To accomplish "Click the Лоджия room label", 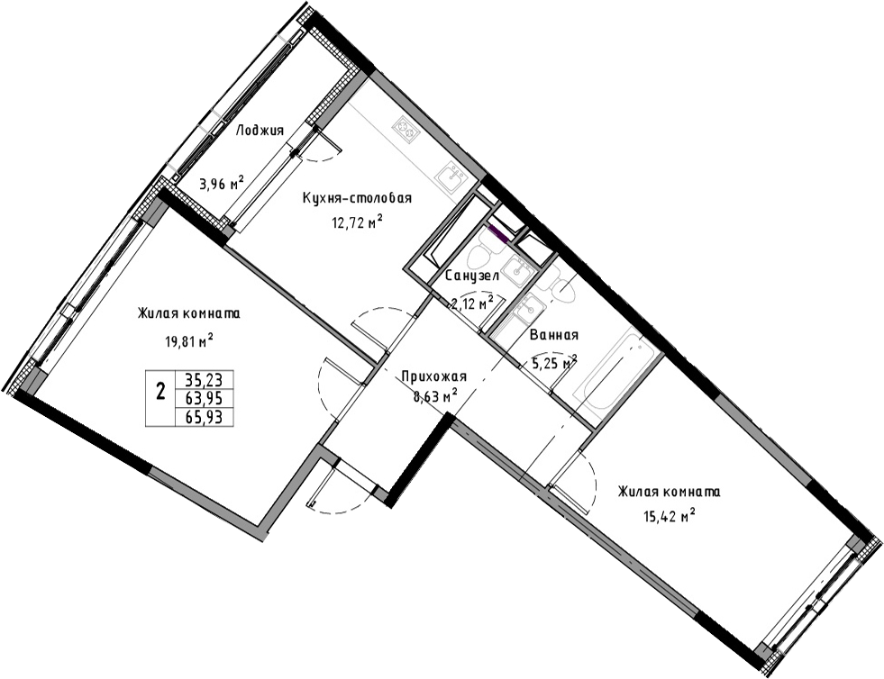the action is [x=260, y=131].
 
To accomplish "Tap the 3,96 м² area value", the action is [x=222, y=183].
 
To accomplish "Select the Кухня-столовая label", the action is [x=358, y=198].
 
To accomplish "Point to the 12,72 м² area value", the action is [x=358, y=223].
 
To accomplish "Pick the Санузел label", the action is [x=472, y=276].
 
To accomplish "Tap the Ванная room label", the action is [x=554, y=335].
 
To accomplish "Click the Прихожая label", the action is [x=433, y=376].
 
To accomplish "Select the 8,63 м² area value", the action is [x=435, y=397].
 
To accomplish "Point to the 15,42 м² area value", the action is [x=669, y=515].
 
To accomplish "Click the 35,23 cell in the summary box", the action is [x=204, y=379].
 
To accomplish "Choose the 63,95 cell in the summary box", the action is [x=204, y=398].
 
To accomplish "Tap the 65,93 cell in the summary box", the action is [x=204, y=417].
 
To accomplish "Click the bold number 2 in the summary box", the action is [x=160, y=391].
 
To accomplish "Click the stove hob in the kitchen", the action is [x=407, y=129].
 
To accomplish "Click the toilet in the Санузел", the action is [x=481, y=257].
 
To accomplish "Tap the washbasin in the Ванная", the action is [x=528, y=308].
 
